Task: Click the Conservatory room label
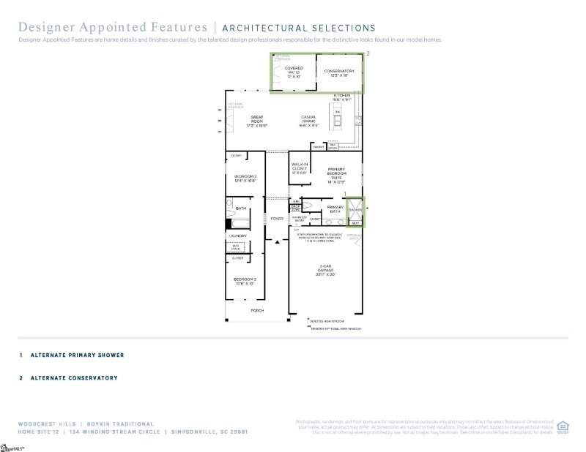339,72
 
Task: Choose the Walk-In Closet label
300,168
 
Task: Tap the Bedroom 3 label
245,178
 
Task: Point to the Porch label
256,311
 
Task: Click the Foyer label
277,218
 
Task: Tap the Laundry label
237,236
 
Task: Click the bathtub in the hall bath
239,225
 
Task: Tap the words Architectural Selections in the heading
299,29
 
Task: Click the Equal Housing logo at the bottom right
563,425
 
